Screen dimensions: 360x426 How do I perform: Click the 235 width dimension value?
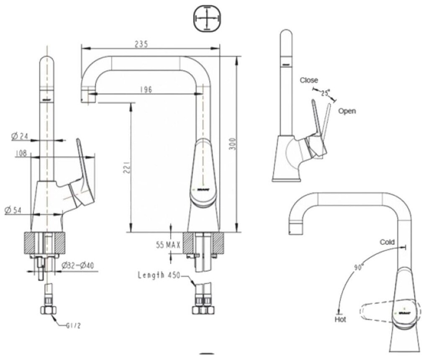[141, 44]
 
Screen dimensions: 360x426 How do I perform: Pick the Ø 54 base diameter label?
[13, 210]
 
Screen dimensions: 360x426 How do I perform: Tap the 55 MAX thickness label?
[168, 245]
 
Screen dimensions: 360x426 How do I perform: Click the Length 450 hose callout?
[159, 275]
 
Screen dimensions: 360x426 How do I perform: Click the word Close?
[309, 80]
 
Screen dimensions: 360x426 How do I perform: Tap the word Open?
[347, 111]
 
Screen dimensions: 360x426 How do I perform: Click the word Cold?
[387, 242]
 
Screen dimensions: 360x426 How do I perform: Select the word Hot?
[340, 319]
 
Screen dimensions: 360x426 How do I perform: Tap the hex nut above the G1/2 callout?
[48, 310]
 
